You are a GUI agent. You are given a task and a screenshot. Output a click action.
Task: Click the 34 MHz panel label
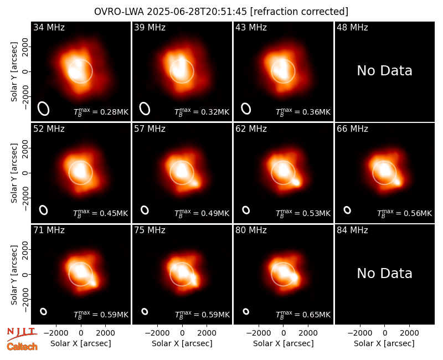coord(49,27)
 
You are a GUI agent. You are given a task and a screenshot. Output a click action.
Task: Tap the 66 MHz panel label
coord(352,129)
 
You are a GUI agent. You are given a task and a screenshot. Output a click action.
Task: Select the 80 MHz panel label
coord(251,230)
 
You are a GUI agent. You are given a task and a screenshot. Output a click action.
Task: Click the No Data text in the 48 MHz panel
coord(384,71)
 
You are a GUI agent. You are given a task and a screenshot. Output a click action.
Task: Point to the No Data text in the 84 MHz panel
coord(384,273)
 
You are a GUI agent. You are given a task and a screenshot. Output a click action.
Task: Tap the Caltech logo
coord(22,347)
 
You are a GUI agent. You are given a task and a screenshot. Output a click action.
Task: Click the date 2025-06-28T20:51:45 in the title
coord(197,12)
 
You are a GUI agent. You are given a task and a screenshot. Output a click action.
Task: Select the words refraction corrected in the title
coord(299,12)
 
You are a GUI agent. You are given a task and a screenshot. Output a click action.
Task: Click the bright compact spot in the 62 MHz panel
coord(296,182)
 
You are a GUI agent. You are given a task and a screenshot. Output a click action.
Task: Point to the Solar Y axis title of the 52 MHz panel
coord(14,173)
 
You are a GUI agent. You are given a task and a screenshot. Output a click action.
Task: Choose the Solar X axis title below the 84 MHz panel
coord(384,343)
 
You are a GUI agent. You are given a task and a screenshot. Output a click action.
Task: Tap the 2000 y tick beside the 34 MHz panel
coord(25,47)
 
